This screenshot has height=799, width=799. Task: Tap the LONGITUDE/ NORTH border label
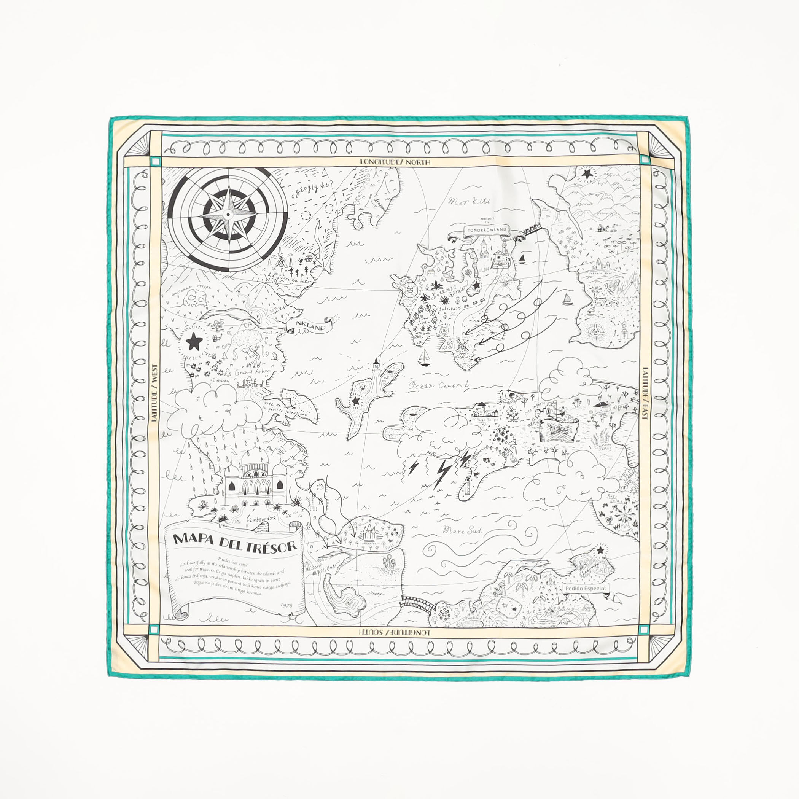pyautogui.click(x=395, y=162)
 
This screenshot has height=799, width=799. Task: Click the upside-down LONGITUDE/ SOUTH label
pyautogui.click(x=395, y=633)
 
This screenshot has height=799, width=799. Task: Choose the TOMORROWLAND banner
pyautogui.click(x=487, y=230)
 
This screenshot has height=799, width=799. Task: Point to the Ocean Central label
pyautogui.click(x=438, y=385)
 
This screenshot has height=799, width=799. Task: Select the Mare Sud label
pyautogui.click(x=462, y=530)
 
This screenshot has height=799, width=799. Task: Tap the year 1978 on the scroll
pyautogui.click(x=286, y=605)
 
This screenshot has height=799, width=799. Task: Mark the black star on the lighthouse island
pyautogui.click(x=355, y=401)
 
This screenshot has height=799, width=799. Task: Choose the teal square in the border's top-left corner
pyautogui.click(x=155, y=162)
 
